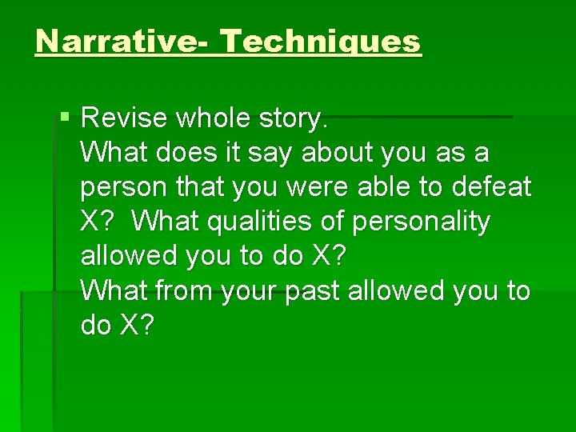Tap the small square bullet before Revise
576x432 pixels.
[x=66, y=117]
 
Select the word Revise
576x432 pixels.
[x=125, y=118]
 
